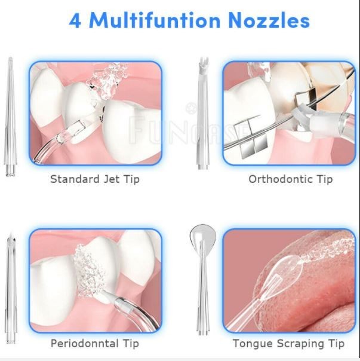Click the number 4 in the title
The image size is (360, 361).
(75, 20)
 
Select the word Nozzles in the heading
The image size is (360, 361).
(269, 20)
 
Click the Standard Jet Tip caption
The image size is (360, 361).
(94, 179)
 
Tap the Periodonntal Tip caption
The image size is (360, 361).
(94, 344)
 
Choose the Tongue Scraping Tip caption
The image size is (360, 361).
(288, 344)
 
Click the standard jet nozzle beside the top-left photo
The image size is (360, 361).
(10, 120)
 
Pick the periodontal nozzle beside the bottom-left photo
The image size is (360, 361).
(10, 287)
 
